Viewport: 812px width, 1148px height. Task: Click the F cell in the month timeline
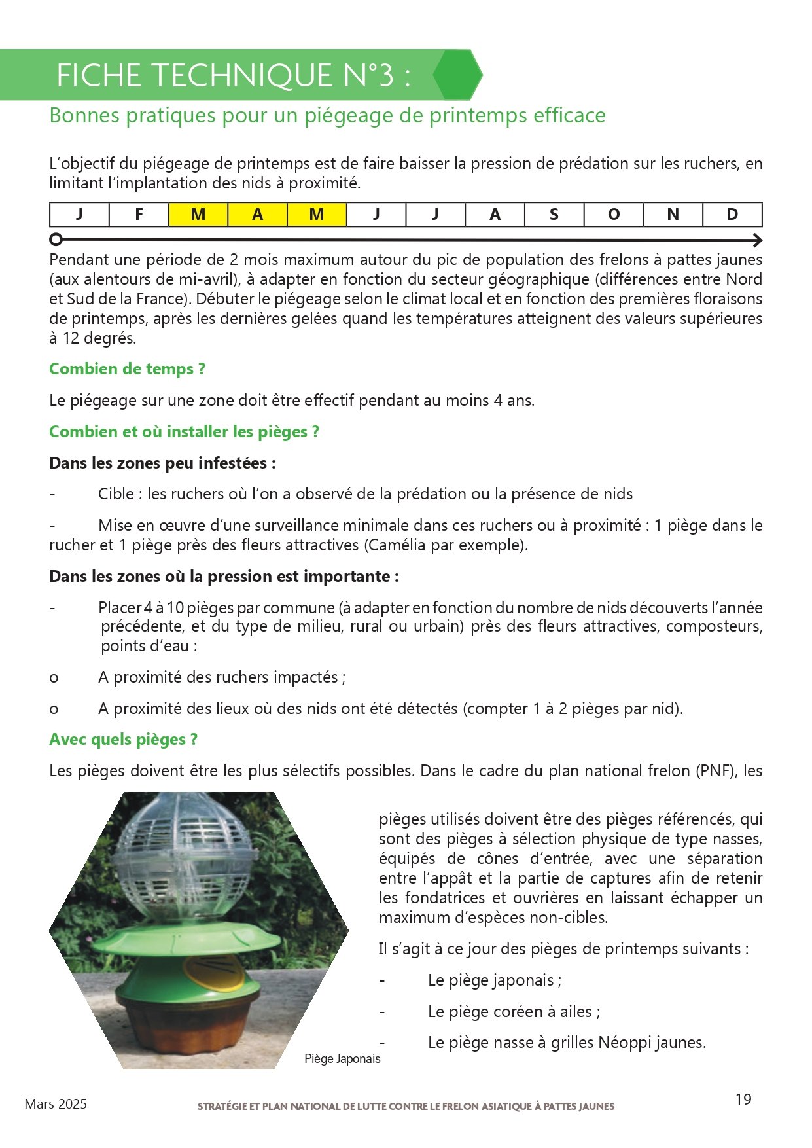[139, 215]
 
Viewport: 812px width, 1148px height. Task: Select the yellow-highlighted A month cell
[258, 215]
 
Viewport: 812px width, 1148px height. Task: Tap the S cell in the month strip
[554, 215]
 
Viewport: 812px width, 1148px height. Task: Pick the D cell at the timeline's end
[732, 215]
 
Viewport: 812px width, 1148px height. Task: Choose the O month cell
[614, 215]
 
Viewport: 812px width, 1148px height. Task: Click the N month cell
[673, 215]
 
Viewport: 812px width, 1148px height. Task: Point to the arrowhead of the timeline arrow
[758, 240]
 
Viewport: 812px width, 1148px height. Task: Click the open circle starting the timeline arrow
[56, 239]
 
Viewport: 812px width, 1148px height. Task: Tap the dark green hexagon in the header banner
[457, 75]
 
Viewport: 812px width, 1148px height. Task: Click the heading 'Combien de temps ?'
[128, 369]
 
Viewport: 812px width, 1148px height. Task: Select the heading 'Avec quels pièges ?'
[123, 740]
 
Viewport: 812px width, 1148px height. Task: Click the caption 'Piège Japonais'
[342, 1059]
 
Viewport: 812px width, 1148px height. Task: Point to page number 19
[743, 1100]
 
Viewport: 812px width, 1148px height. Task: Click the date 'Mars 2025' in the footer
[56, 1104]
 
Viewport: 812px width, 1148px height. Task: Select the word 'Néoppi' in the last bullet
[621, 1043]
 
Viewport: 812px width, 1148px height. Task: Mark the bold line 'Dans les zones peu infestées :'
[162, 463]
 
